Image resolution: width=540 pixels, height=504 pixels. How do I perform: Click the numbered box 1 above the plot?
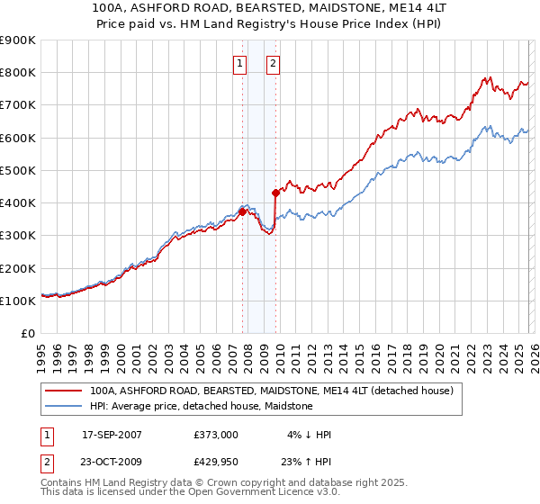coord(240,63)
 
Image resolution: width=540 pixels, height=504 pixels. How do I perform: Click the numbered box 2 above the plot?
coord(272,63)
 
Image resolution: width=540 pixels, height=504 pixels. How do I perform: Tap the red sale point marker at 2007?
coord(242,212)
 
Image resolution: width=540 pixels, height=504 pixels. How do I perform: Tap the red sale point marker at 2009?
coord(275,192)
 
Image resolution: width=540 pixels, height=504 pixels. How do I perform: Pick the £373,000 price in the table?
coord(216,434)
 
